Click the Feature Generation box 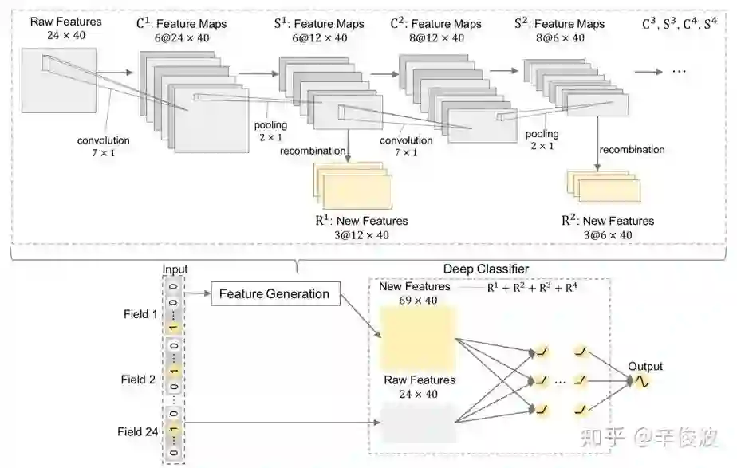(x=274, y=293)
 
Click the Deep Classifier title (x=486, y=269)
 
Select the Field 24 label (x=137, y=432)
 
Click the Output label (x=644, y=367)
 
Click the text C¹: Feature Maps (x=181, y=24)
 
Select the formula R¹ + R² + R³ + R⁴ (x=532, y=288)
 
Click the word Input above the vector (x=174, y=270)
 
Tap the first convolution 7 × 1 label (x=103, y=146)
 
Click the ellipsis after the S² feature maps (x=679, y=70)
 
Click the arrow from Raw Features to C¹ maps (x=117, y=71)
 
